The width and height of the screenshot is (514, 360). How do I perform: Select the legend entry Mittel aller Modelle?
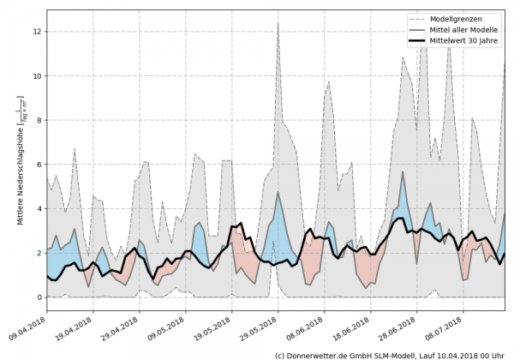pos(463,30)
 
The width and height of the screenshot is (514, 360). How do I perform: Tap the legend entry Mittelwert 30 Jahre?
pos(463,42)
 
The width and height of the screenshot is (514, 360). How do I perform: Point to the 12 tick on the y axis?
pos(35,32)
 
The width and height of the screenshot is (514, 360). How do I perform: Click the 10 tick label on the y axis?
pos(35,75)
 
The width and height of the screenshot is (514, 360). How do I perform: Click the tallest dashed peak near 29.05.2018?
pos(278,23)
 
